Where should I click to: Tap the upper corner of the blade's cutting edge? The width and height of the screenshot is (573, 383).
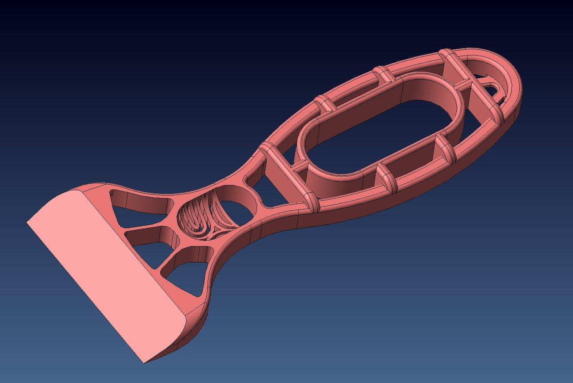[28, 222]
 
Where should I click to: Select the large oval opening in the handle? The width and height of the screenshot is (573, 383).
[379, 122]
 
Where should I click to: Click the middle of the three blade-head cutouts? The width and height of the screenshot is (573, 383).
[149, 239]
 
